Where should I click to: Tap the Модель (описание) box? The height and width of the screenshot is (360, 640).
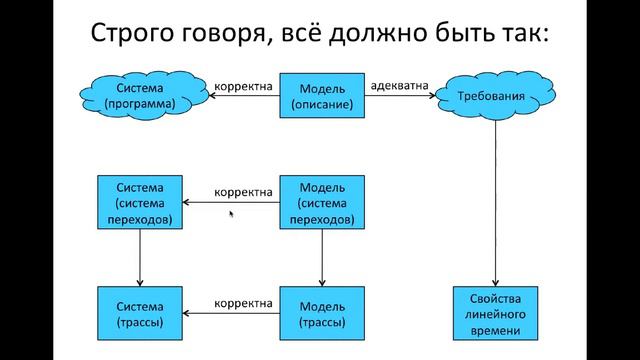point(322,96)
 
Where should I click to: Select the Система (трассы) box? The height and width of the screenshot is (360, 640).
point(139,314)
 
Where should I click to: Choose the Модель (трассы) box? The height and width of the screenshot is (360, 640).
point(322,314)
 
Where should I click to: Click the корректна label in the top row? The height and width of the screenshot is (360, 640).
point(243,85)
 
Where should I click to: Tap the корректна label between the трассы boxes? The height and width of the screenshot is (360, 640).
point(243,302)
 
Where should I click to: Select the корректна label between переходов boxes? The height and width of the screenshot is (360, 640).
point(243,192)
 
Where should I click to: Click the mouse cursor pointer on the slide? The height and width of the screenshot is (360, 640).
point(232,213)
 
